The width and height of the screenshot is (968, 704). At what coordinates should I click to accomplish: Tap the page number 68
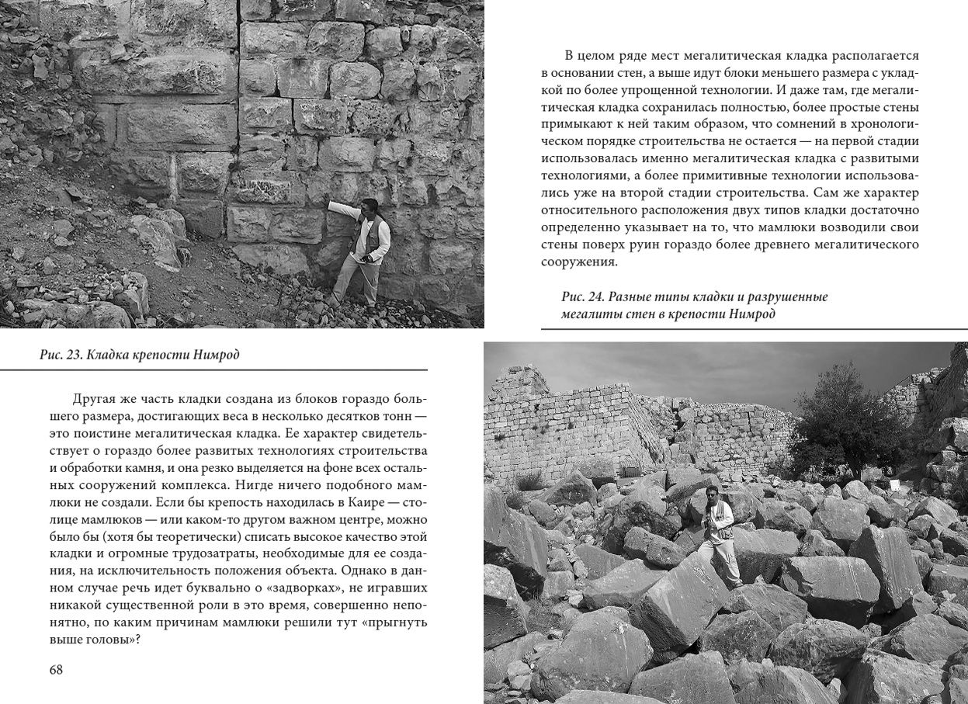pos(56,670)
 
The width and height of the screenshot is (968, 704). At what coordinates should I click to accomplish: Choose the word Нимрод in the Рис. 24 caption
pos(753,314)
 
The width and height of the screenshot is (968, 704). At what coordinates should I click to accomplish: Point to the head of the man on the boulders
pos(712,494)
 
